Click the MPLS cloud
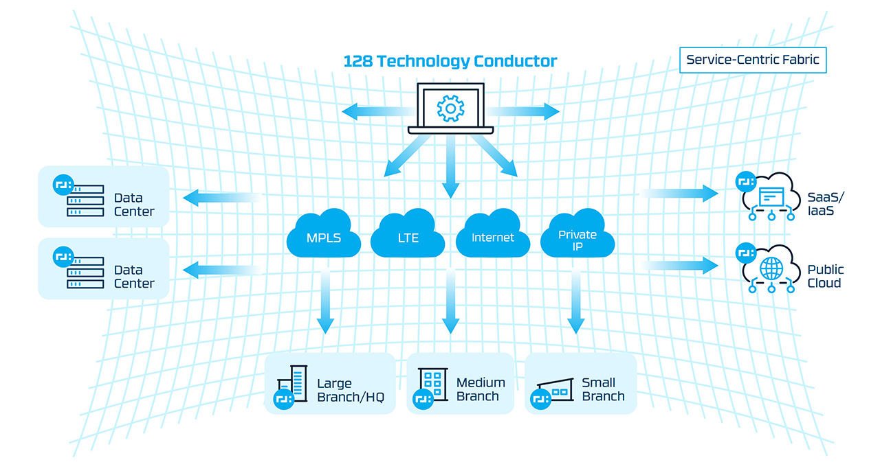[x=323, y=235]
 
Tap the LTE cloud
[x=407, y=235]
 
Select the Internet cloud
[x=492, y=235]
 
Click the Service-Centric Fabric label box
[x=752, y=60]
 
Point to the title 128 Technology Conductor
[x=450, y=62]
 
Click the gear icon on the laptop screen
[x=450, y=108]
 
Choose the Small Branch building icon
[x=554, y=389]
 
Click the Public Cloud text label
[x=826, y=276]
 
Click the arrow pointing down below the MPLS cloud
[x=324, y=303]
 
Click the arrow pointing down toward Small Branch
[x=575, y=303]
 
